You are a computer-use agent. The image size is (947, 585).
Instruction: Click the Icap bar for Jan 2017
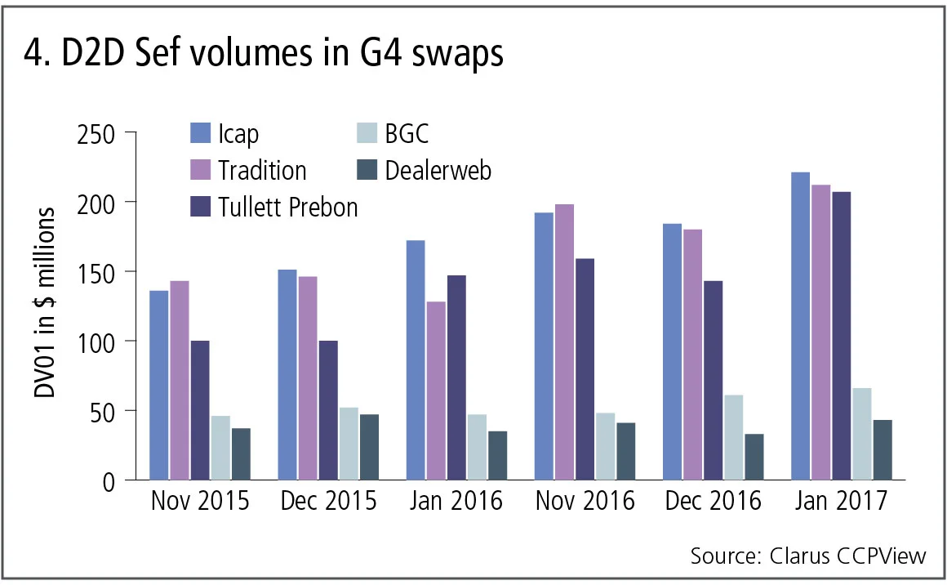(x=800, y=326)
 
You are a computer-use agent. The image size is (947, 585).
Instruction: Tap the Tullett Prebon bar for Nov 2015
(x=200, y=410)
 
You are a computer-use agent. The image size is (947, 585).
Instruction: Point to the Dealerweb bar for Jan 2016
(x=497, y=455)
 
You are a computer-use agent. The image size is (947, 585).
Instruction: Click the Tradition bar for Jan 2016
(x=436, y=391)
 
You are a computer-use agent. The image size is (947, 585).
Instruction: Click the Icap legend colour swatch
(x=200, y=132)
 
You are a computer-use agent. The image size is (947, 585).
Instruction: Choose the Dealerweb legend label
(x=438, y=170)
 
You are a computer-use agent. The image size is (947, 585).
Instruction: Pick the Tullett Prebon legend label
(x=287, y=207)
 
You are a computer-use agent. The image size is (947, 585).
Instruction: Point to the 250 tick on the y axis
(x=96, y=132)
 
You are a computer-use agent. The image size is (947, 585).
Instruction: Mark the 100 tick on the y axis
(x=96, y=341)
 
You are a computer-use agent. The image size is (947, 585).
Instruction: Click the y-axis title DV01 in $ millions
(x=46, y=303)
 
